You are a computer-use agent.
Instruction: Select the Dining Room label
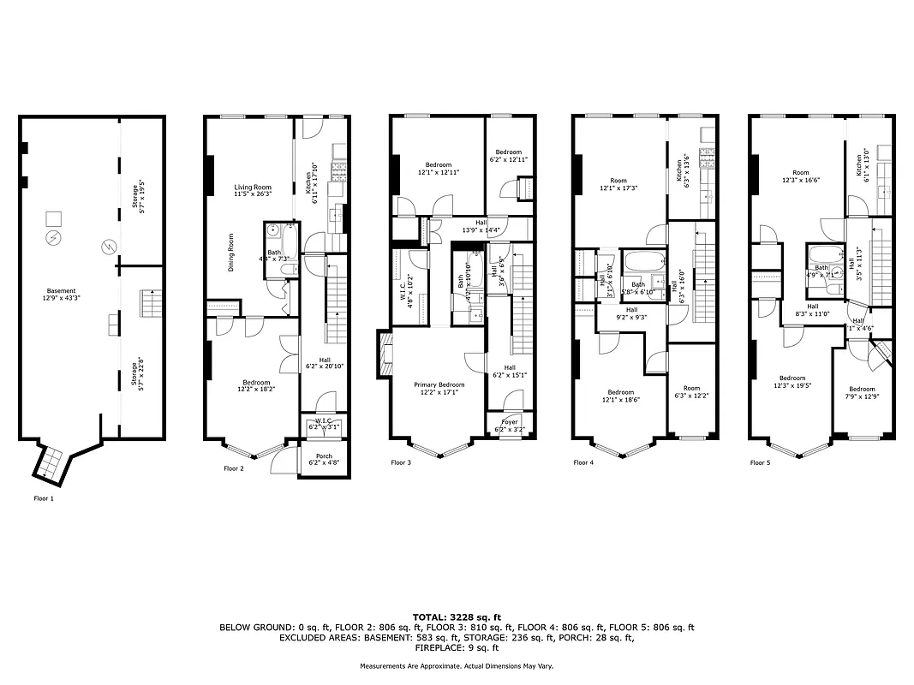coord(231,253)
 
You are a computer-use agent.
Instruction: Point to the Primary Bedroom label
coord(439,389)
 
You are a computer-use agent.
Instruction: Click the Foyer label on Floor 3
coord(510,423)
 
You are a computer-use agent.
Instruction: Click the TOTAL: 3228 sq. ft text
coord(457,616)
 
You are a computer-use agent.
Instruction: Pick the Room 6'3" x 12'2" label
coord(692,391)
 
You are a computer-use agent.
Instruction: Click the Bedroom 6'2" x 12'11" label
coord(508,156)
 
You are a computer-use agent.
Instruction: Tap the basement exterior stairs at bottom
coord(49,465)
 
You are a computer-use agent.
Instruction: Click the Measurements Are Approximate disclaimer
coord(457,665)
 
